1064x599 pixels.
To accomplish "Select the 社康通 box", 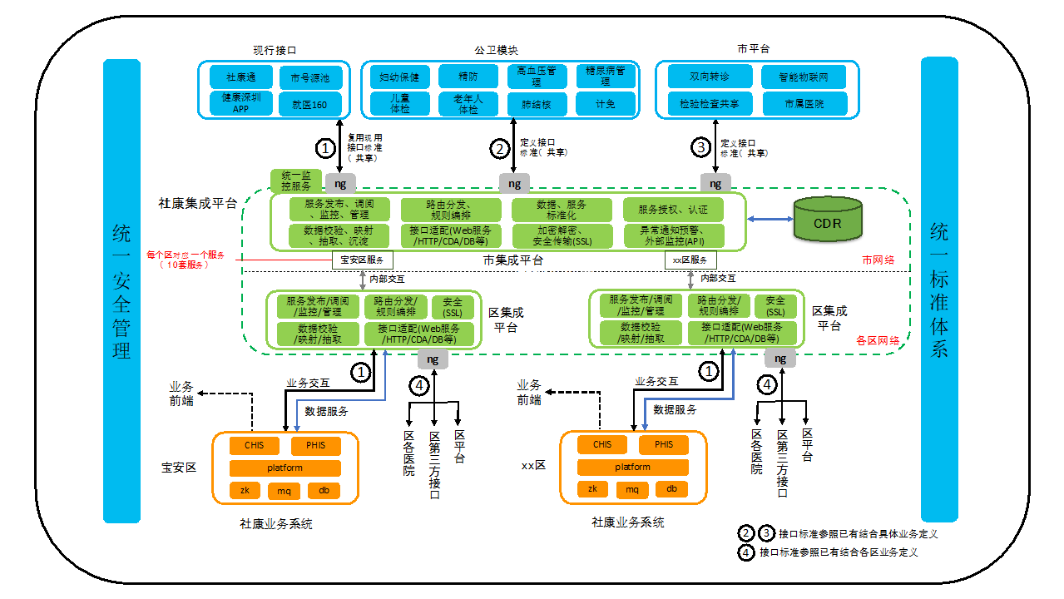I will (x=240, y=77).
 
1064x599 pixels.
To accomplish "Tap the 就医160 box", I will (x=309, y=104).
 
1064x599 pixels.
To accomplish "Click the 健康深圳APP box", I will (x=240, y=103).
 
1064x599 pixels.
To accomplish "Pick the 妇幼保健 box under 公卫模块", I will (x=399, y=77).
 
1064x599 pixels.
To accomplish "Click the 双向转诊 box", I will (x=710, y=77).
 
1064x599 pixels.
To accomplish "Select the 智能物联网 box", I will (x=804, y=77).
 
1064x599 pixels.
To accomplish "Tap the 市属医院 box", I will (x=804, y=104).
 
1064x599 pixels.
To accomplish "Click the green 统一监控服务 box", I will (x=296, y=181).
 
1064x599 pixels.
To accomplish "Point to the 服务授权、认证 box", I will (x=674, y=210).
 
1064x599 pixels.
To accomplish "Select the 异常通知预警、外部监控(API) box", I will (x=674, y=235).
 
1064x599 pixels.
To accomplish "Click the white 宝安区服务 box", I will (x=362, y=260).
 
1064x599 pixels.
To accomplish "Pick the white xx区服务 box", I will (x=690, y=260).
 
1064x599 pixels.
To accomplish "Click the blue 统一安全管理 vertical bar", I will (x=122, y=290).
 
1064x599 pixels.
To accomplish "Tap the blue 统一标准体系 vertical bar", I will (x=939, y=290).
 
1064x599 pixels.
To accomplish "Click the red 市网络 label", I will (x=878, y=260).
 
